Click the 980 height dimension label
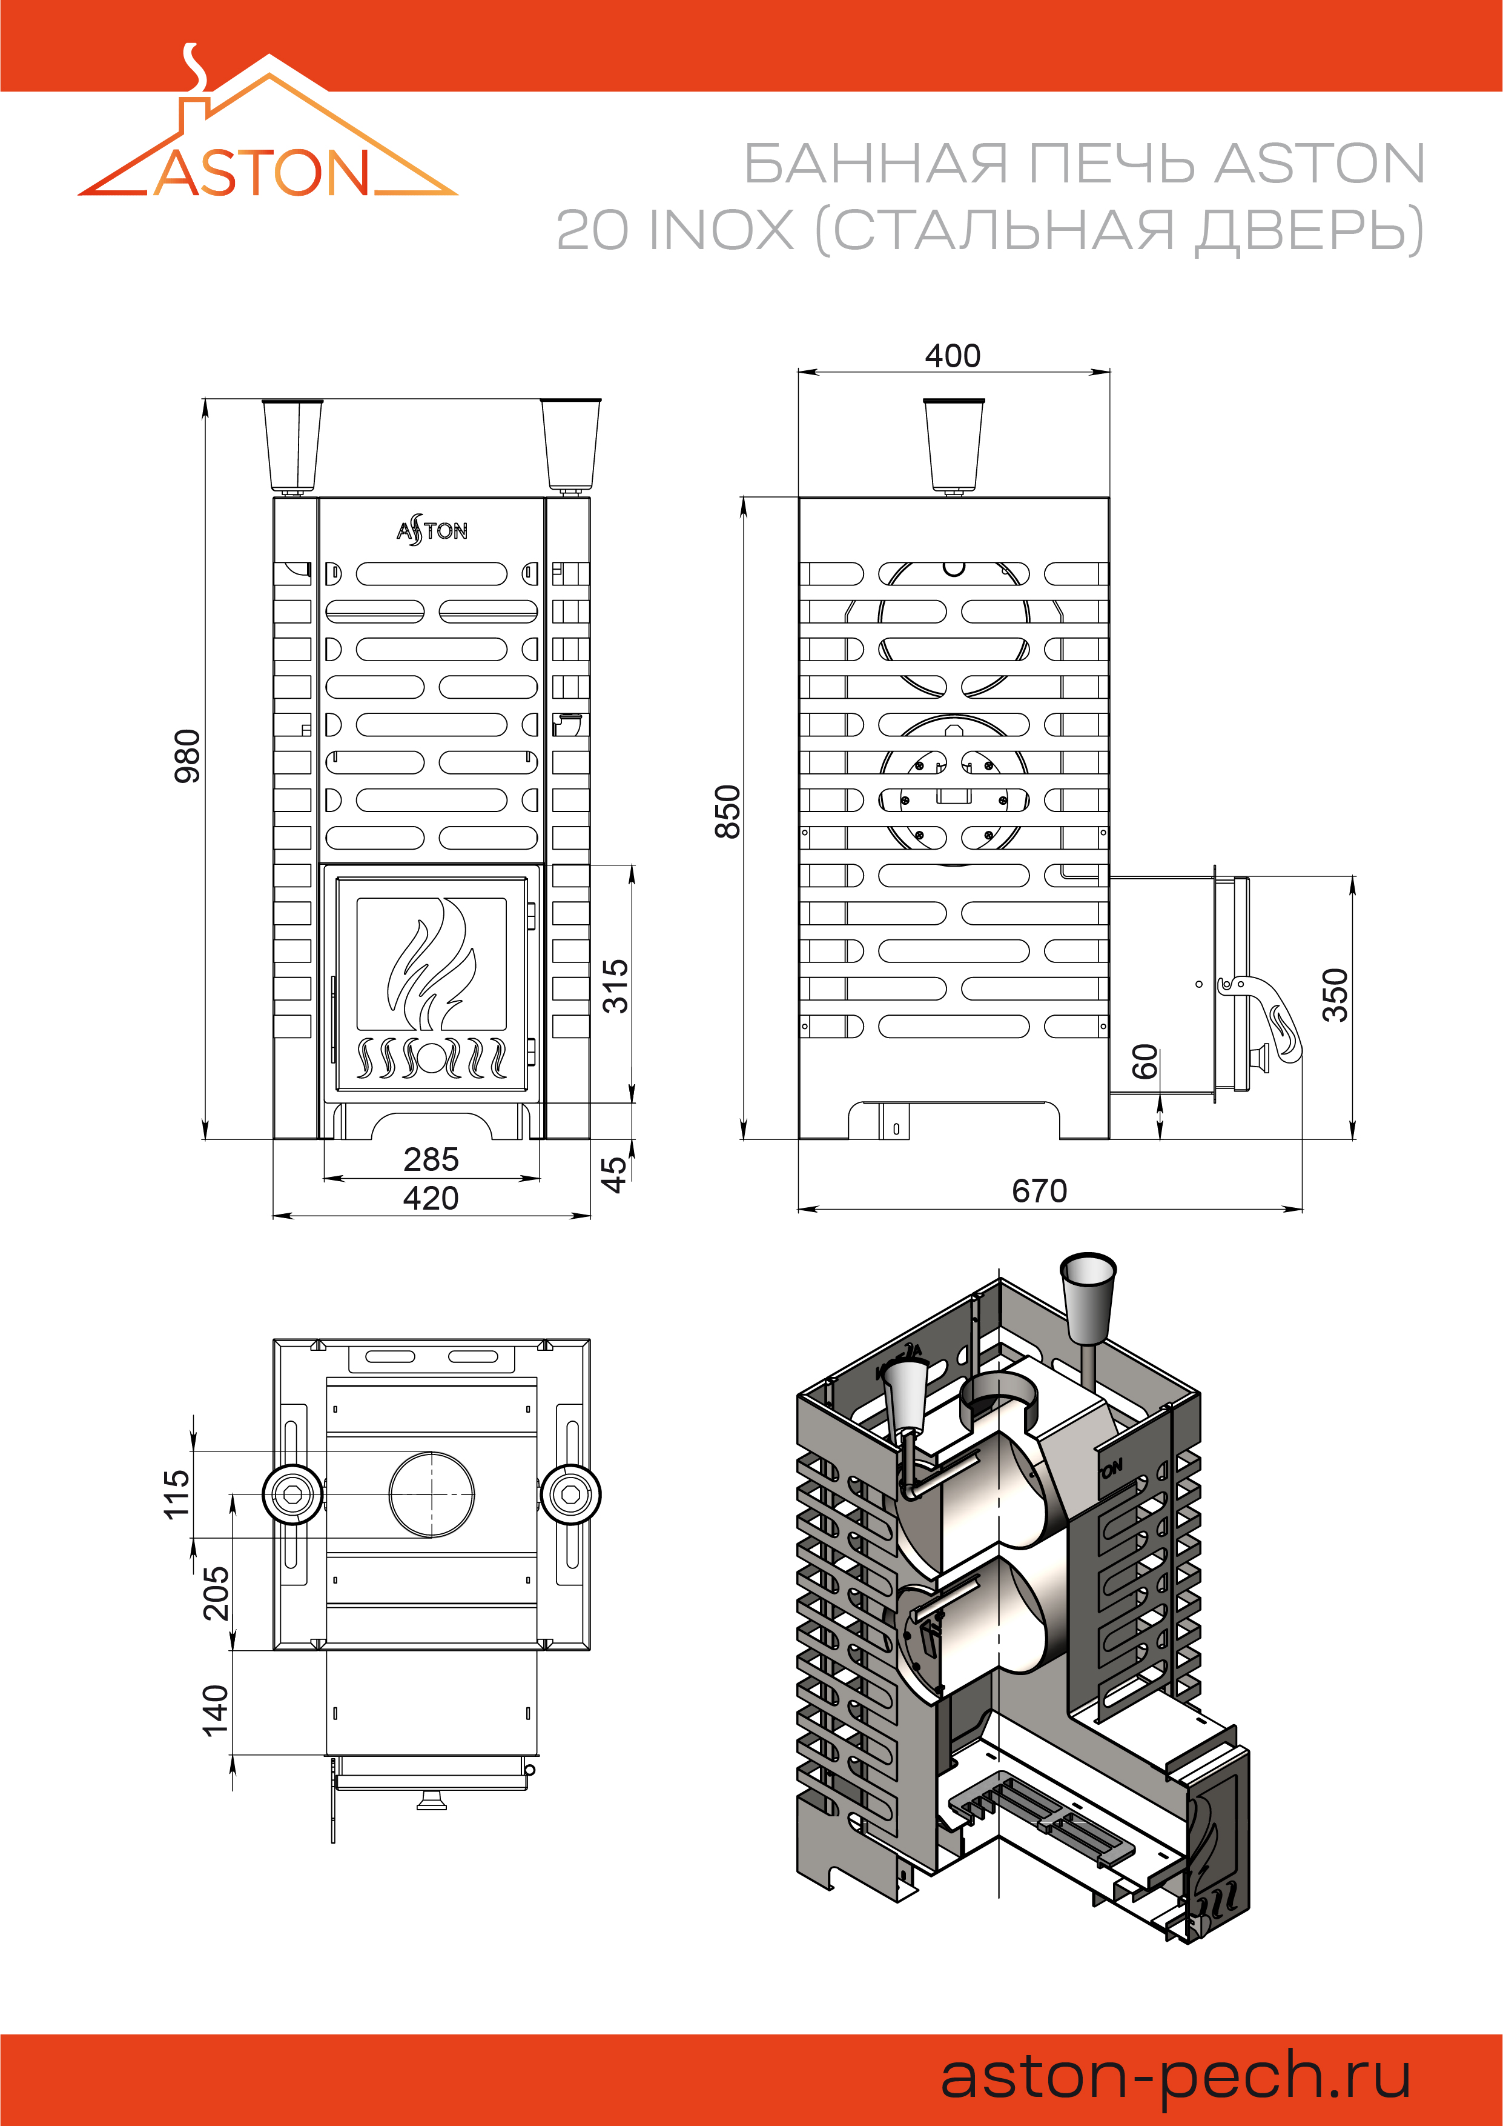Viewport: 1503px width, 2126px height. point(188,756)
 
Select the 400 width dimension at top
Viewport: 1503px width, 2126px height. point(953,356)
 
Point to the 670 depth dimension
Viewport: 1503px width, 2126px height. point(1039,1191)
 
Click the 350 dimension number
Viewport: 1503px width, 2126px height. point(1335,995)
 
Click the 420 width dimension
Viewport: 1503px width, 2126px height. point(431,1198)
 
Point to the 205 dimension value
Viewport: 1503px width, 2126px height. point(216,1593)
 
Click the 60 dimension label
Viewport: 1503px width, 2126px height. point(1145,1061)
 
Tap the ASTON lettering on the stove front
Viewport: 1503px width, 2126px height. point(431,530)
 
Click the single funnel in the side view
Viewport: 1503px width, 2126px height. point(953,444)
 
